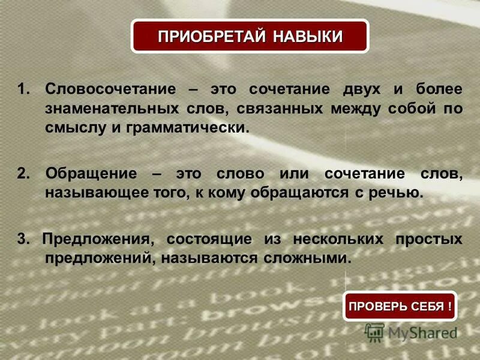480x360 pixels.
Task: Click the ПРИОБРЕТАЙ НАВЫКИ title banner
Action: (x=250, y=36)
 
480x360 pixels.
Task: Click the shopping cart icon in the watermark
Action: (x=375, y=332)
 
